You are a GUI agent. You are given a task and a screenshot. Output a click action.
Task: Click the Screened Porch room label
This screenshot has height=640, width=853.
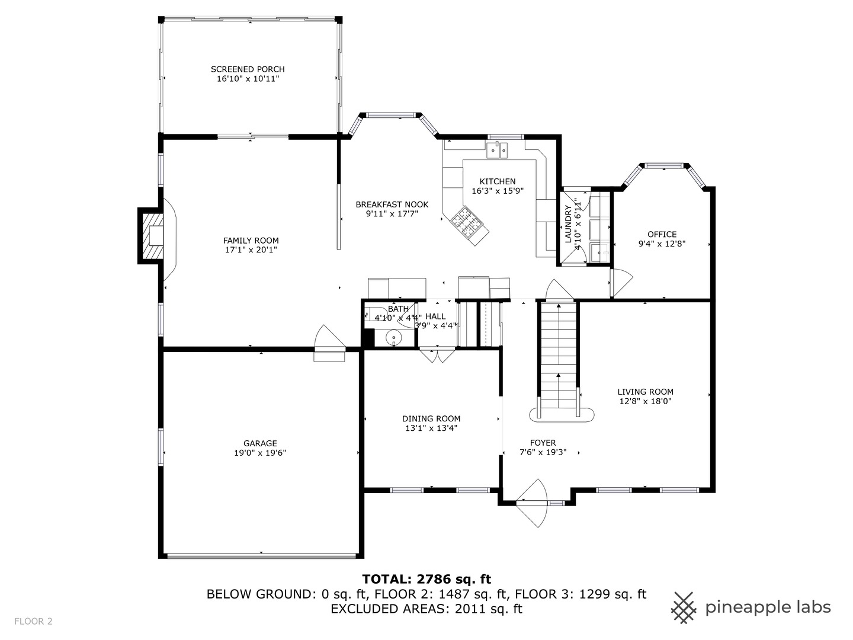tap(248, 69)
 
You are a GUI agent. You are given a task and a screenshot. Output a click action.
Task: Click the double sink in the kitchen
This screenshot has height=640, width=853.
tap(498, 151)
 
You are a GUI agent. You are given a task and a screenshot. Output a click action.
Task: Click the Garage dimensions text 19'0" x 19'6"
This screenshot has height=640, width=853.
tap(260, 453)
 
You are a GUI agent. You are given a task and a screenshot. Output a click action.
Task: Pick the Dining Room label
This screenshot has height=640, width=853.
tap(431, 418)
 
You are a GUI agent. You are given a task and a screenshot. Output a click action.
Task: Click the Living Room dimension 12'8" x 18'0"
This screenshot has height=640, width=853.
tap(645, 401)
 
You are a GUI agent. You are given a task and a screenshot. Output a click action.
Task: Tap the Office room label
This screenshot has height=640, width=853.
tap(662, 234)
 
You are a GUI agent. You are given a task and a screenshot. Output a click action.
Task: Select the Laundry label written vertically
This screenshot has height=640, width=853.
tap(568, 224)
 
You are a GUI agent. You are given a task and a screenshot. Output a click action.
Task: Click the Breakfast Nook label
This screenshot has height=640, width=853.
tap(392, 204)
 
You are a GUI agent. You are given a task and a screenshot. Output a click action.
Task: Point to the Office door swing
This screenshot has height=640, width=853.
tap(621, 283)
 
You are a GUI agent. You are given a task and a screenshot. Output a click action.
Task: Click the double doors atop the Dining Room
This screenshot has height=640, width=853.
tap(437, 356)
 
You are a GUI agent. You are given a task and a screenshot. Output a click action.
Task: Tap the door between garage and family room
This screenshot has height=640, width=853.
tap(328, 344)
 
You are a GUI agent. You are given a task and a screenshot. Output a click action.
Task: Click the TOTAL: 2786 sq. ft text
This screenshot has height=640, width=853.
tap(426, 579)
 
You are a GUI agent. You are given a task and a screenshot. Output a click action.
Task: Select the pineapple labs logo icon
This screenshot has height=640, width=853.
tap(684, 607)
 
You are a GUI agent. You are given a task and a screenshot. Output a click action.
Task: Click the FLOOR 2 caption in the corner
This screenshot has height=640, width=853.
tap(33, 621)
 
